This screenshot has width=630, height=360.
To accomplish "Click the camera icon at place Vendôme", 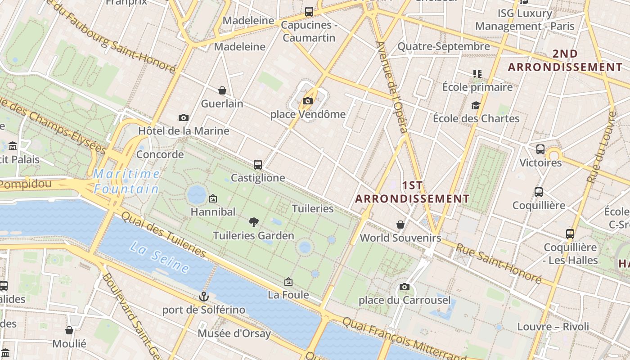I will [x=308, y=101].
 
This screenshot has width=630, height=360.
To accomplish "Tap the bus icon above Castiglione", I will [x=258, y=165].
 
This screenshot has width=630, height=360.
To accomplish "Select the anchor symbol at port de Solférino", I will [x=204, y=297].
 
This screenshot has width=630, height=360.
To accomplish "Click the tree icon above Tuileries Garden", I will [x=254, y=222].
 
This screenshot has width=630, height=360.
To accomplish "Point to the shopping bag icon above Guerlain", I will [x=222, y=90].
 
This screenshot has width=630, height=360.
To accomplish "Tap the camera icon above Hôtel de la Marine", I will [x=183, y=117].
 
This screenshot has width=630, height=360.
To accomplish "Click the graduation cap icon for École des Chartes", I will [x=476, y=106].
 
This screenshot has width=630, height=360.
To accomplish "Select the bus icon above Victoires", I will [x=540, y=149].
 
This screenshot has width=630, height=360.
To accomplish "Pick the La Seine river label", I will [x=160, y=257].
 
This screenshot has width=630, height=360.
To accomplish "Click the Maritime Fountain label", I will [x=126, y=181].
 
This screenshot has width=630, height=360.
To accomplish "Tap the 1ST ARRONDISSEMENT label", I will [x=412, y=192].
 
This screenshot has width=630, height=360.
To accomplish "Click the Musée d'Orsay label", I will [x=234, y=333].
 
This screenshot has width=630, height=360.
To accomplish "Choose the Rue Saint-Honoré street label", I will [x=499, y=263].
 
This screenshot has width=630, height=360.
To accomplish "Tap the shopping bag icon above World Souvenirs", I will [x=400, y=224].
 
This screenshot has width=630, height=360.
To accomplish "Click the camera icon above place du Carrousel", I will [x=405, y=287].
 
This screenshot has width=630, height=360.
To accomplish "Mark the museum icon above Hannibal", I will [x=213, y=198].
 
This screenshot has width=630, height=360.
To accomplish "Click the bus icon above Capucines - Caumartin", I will [x=309, y=12].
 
